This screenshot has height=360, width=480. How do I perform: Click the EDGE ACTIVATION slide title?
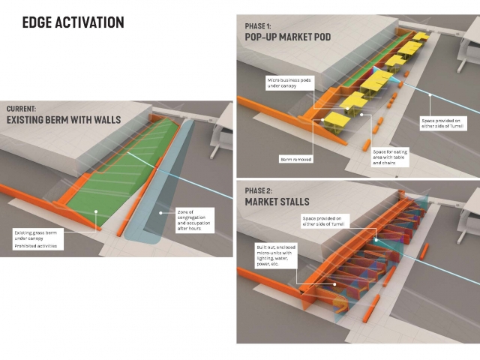click(73, 22)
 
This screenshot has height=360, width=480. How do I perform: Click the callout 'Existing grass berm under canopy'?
click(40, 236)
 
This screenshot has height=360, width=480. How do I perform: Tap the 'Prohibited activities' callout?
click(35, 246)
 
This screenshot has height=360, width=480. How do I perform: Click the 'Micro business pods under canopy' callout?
click(286, 82)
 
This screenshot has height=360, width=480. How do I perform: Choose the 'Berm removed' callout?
click(295, 159)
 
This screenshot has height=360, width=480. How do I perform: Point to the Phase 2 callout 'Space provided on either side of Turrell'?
click(324, 221)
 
